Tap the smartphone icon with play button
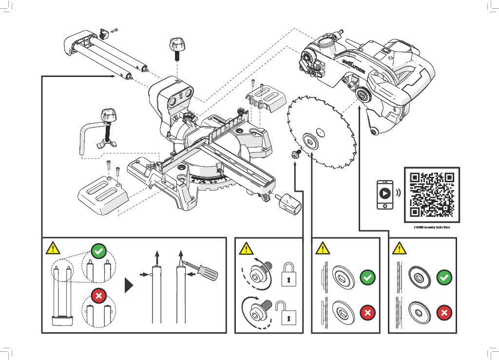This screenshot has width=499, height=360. (x=385, y=194)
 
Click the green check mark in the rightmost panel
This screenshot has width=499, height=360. (x=444, y=278)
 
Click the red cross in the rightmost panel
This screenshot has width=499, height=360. (x=444, y=312)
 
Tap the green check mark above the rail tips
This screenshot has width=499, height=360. (x=98, y=251)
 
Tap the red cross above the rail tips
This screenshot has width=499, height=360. (x=98, y=296)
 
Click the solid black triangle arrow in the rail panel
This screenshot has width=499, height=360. (x=129, y=285)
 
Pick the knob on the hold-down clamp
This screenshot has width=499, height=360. (x=108, y=117)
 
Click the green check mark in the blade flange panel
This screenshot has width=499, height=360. (x=367, y=278)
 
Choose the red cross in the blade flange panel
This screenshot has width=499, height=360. (x=367, y=312)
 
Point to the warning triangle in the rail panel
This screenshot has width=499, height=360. (x=53, y=248)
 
